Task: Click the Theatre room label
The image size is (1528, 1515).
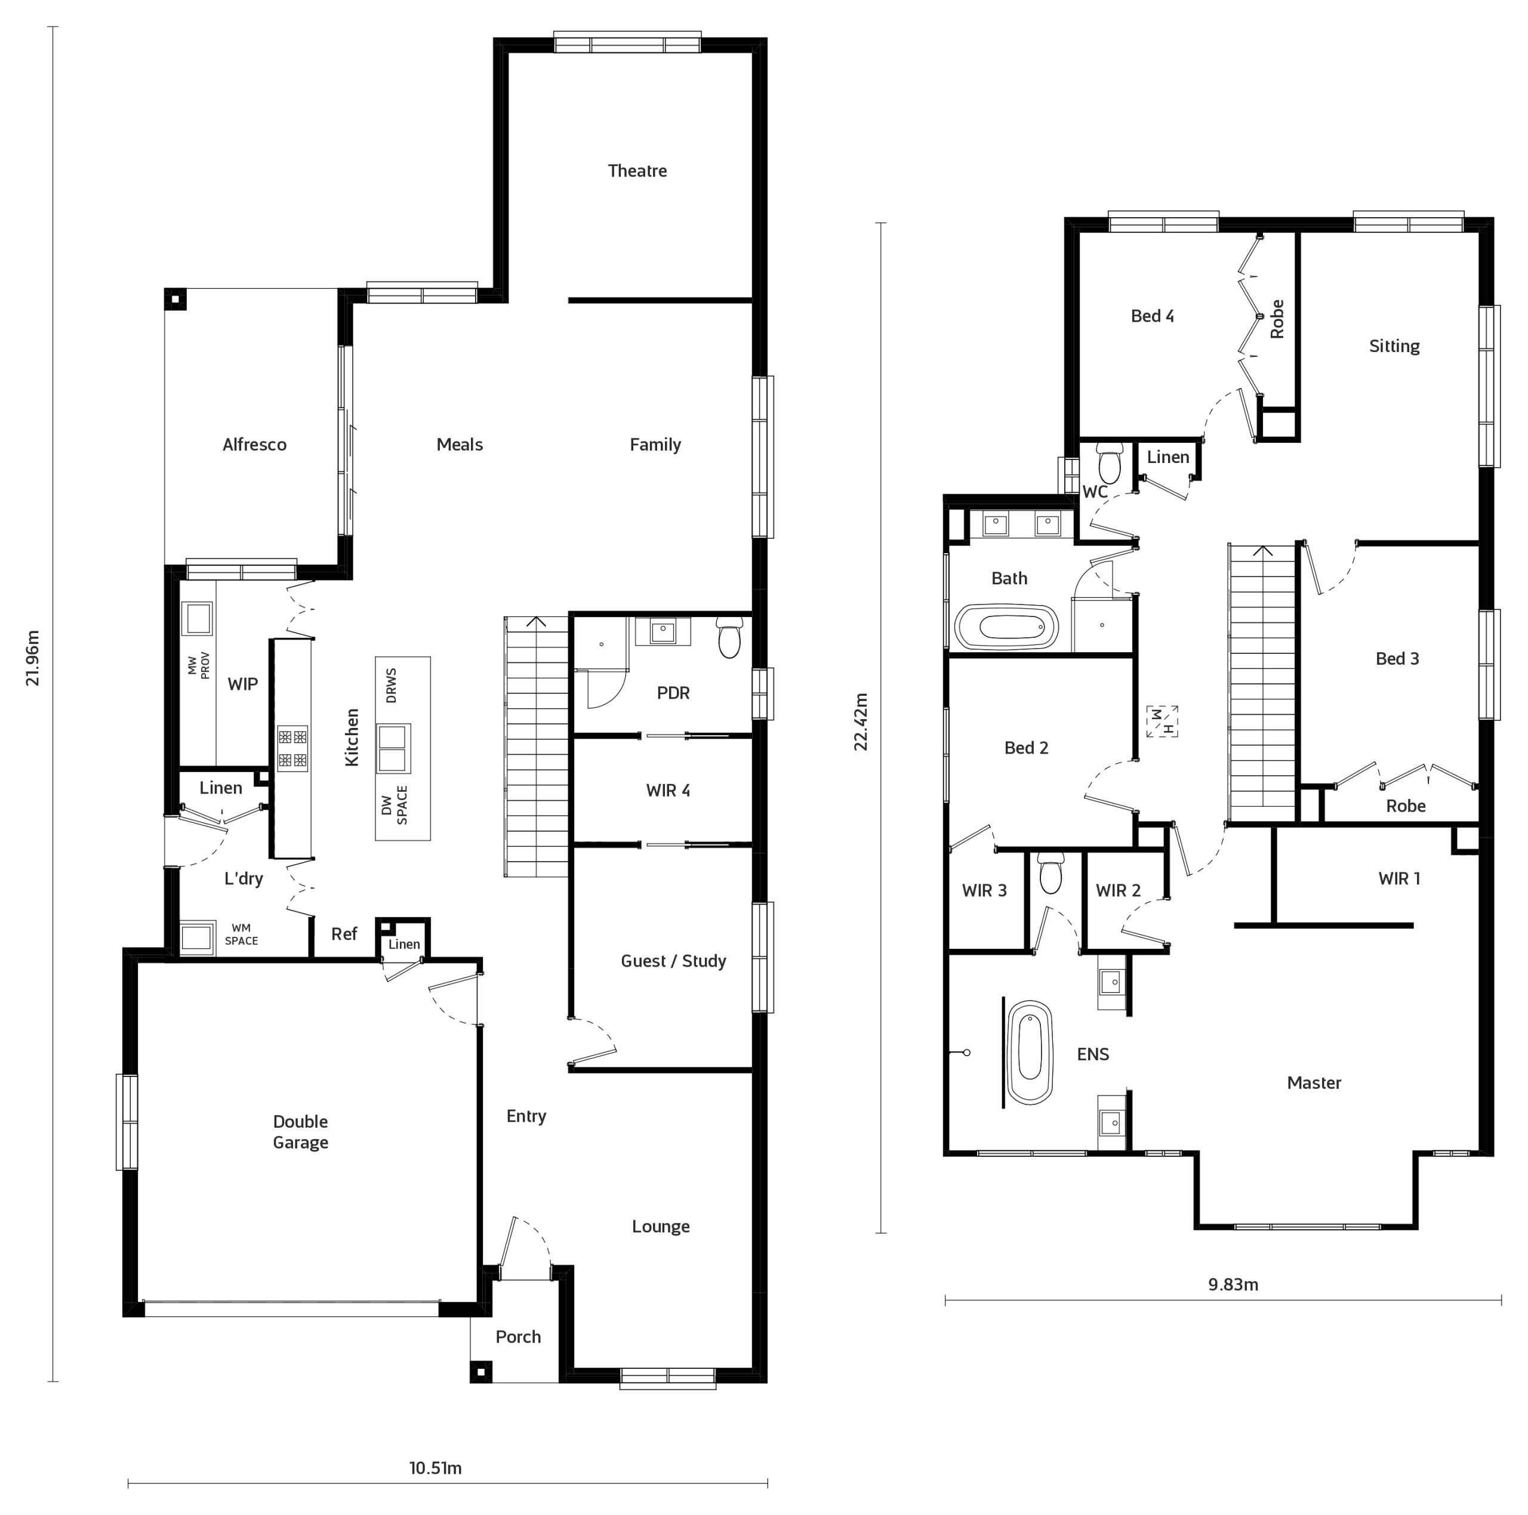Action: tap(637, 171)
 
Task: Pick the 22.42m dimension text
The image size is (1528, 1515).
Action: tap(861, 721)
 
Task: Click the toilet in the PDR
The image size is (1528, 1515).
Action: tap(729, 638)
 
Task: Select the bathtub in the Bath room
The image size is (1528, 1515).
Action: tap(1006, 628)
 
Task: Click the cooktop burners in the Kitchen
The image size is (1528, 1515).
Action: tap(292, 748)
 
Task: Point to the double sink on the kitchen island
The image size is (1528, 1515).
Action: tap(393, 748)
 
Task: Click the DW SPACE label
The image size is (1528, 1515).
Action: tap(394, 805)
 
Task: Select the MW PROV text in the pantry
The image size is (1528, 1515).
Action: tap(199, 665)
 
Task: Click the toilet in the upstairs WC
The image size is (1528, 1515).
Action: tap(1110, 464)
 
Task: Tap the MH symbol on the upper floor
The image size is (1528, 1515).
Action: tap(1162, 721)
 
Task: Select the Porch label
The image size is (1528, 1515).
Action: tap(518, 1337)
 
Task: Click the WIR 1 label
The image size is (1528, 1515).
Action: tap(1399, 878)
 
